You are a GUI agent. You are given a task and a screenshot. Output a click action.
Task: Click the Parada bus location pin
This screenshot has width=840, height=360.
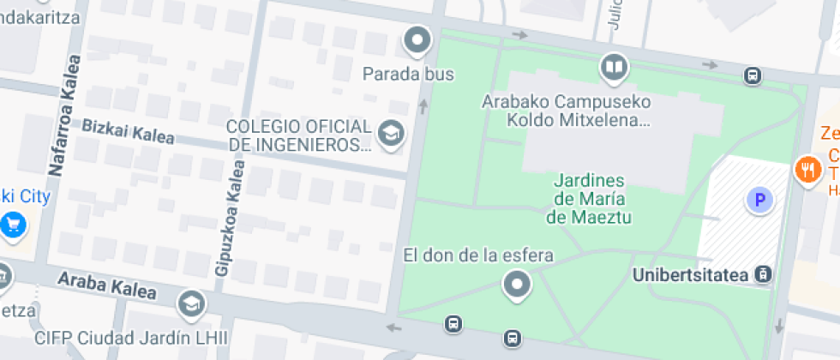417,39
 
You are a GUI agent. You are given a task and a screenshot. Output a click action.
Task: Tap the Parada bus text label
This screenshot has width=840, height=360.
408,74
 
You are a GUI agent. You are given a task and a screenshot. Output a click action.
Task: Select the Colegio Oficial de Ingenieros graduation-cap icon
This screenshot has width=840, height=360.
392,134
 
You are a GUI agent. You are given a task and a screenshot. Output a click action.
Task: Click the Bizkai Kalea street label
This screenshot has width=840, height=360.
128,131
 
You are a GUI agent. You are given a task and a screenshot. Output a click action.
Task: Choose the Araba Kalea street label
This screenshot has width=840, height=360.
106,285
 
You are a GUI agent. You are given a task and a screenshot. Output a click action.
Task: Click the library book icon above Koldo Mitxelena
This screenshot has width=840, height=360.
614,67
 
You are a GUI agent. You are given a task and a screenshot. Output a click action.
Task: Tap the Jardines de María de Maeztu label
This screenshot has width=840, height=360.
589,199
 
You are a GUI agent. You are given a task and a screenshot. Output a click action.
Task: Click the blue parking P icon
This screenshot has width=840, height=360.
758,201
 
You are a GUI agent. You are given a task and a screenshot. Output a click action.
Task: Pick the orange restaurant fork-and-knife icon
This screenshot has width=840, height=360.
807,168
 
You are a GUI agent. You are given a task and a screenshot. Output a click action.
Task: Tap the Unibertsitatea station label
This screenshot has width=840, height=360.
691,275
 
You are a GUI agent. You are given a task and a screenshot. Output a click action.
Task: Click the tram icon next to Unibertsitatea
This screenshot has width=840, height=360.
763,275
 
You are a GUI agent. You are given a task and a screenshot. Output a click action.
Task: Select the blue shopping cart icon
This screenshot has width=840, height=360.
13,225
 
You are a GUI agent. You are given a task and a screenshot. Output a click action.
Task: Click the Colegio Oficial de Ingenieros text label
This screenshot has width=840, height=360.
298,135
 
